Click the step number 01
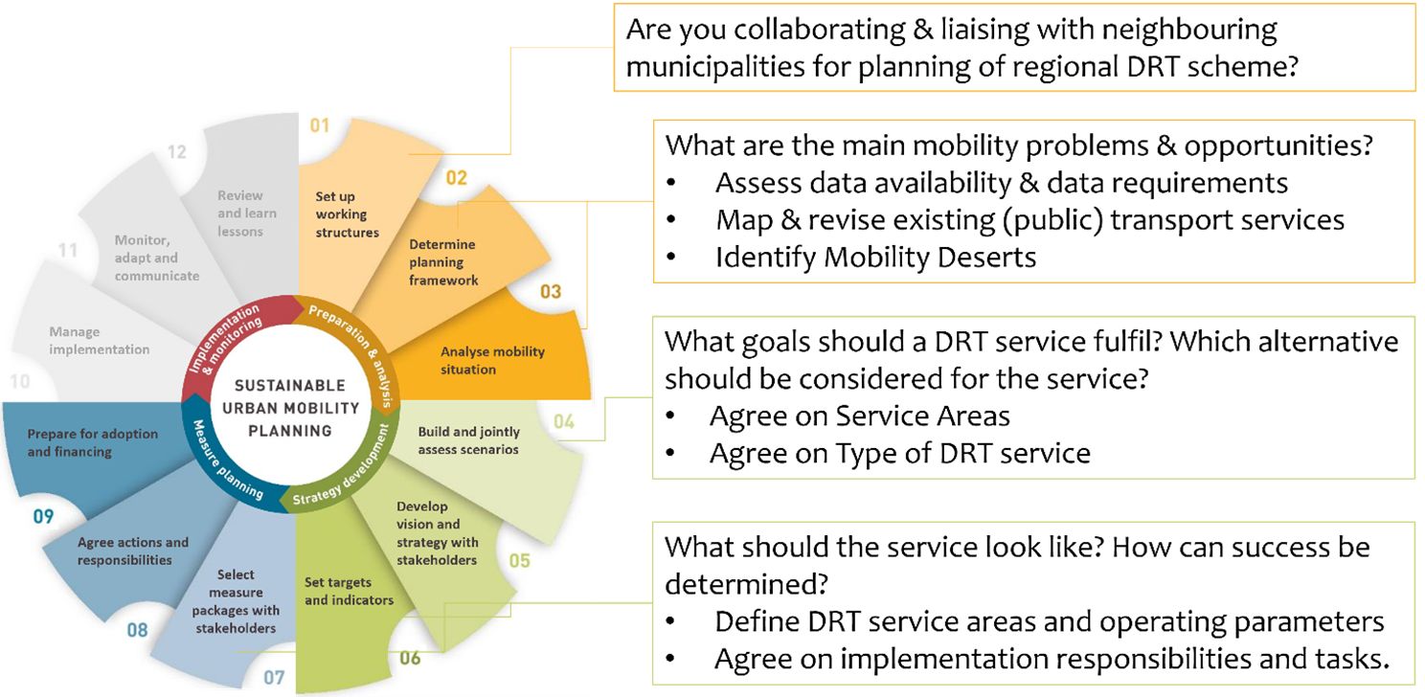[319, 125]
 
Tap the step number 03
[551, 292]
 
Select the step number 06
[410, 658]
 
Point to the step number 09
[43, 516]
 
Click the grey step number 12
[177, 152]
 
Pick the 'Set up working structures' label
[347, 214]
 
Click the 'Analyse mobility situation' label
[492, 361]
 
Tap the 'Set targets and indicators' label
[349, 591]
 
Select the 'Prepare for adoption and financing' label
[92, 442]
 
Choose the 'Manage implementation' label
[100, 340]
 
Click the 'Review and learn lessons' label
[247, 214]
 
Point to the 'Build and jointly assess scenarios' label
[469, 440]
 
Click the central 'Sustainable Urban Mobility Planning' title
[291, 408]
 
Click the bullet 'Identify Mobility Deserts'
[875, 258]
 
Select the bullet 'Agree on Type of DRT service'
[899, 454]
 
